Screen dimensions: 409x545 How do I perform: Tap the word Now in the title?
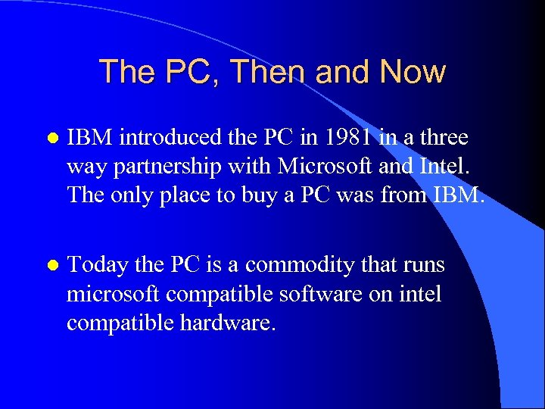(413, 72)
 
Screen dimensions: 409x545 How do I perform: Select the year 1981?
(347, 138)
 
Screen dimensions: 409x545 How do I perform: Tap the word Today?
(97, 265)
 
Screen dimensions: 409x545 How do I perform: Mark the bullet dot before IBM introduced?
(50, 139)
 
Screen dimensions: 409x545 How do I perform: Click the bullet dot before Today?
(50, 266)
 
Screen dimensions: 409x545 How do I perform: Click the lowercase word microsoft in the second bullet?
(114, 294)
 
